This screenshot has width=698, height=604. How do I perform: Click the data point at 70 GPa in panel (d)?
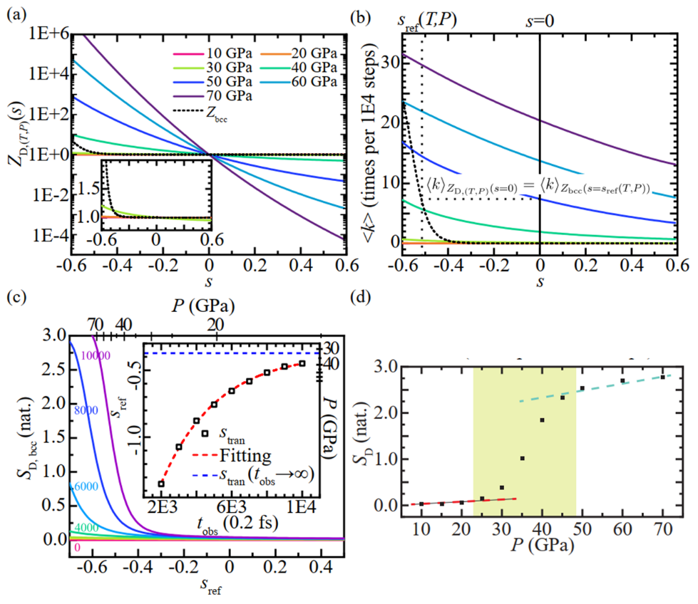(662, 377)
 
